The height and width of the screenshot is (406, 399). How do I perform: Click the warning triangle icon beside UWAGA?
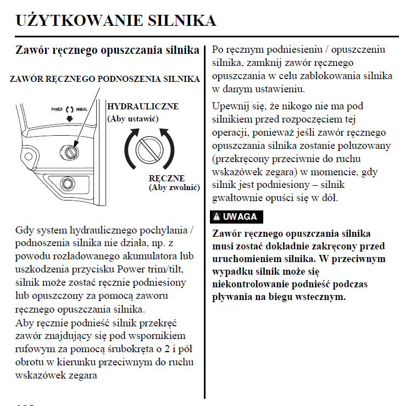(218, 216)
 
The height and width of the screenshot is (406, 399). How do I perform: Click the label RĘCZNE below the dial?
(167, 179)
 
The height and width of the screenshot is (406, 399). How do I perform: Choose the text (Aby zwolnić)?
(174, 187)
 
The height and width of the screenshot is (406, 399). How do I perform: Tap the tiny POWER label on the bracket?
(57, 109)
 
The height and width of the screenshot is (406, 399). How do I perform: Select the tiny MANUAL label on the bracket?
(82, 109)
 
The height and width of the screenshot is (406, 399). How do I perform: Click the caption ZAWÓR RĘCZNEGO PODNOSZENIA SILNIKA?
(104, 79)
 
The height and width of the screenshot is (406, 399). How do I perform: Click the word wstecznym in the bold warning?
(324, 297)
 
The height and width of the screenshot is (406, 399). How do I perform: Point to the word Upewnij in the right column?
(231, 106)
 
